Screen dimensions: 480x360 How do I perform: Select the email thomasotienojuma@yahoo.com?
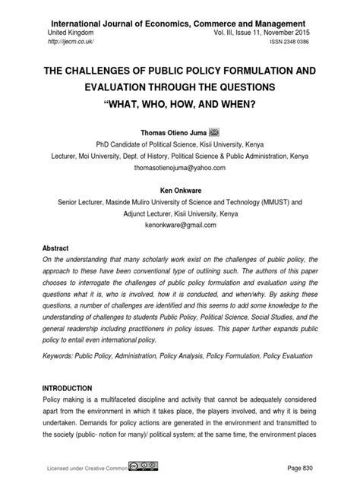point(180,167)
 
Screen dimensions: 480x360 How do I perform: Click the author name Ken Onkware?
point(179,191)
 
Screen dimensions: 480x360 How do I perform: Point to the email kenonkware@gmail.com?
point(179,226)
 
